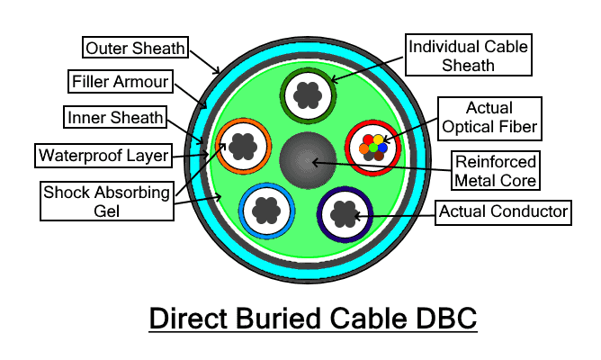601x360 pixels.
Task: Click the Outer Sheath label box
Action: point(135,46)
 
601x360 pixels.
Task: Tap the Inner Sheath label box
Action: point(114,118)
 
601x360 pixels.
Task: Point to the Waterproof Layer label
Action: point(104,156)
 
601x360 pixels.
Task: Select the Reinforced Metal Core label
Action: point(496,171)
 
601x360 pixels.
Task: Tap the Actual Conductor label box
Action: point(505,212)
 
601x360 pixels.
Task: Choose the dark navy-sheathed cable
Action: point(345,213)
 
